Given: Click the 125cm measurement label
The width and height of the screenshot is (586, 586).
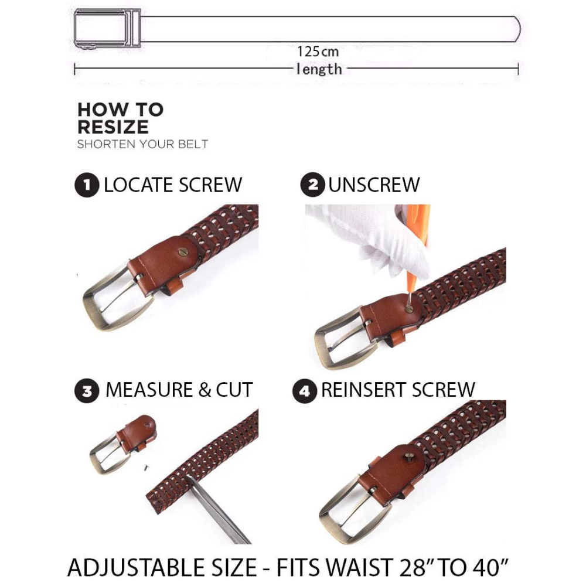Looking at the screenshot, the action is [318, 52].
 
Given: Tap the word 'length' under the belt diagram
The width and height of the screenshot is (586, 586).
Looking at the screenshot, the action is [319, 69].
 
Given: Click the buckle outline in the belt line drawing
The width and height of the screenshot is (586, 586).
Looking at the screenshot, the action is [107, 28].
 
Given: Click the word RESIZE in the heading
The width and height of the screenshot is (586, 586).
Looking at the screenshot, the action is [113, 127].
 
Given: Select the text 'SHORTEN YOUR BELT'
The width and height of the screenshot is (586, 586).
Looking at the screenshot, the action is [142, 144].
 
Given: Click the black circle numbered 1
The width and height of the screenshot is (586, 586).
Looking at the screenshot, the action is [87, 185].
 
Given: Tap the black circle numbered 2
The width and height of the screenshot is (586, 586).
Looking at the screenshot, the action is [312, 185].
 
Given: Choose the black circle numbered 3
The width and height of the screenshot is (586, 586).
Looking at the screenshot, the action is [87, 391].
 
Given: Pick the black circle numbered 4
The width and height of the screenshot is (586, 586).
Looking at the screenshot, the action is [305, 391].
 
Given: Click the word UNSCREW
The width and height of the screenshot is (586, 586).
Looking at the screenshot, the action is [374, 185].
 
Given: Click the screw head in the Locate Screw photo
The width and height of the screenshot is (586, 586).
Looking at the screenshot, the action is [183, 252].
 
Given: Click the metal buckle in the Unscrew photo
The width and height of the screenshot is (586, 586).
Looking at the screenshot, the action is [342, 338].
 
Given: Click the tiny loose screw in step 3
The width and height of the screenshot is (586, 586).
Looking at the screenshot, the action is [146, 467].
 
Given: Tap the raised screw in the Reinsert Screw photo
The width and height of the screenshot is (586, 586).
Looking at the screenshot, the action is [410, 456].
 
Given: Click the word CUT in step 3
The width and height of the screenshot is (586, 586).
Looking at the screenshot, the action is [234, 390].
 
